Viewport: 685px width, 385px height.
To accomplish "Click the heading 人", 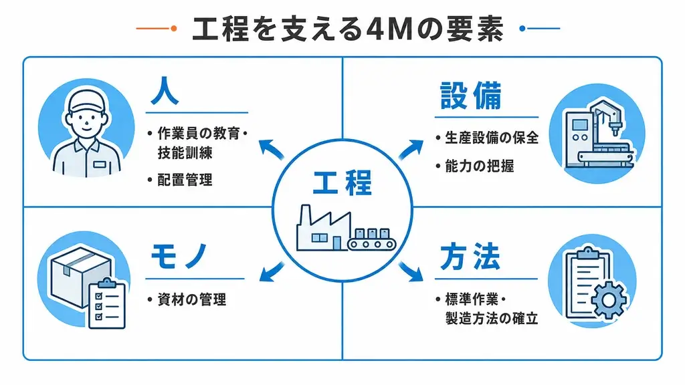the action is [x=165, y=91].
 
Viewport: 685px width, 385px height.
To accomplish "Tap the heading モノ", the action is [x=179, y=256].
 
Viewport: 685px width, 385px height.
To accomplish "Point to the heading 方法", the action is [x=470, y=257].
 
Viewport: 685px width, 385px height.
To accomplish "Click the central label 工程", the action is [x=342, y=182].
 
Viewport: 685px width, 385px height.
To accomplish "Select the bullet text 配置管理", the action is [x=185, y=179].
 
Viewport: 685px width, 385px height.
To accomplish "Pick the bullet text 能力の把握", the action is [x=479, y=166].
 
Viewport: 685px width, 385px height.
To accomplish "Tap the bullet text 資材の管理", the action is [x=192, y=299].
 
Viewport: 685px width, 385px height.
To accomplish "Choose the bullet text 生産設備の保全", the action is [x=492, y=138].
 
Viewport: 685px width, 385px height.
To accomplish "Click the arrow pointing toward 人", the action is [x=272, y=148].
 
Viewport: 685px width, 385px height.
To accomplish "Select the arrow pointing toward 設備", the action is [x=411, y=149].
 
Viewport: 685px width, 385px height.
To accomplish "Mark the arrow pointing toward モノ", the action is [x=272, y=271].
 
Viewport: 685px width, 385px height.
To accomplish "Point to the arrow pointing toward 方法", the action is [x=411, y=271].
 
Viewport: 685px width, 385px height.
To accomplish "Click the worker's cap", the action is [x=88, y=100].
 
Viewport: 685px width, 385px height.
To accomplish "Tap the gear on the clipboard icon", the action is [x=608, y=299].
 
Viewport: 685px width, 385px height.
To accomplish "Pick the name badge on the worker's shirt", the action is [x=100, y=164].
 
